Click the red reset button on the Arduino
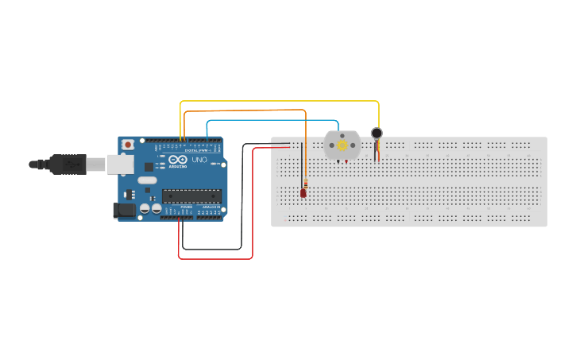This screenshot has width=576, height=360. point(127,145)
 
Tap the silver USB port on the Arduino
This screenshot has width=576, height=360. point(120,164)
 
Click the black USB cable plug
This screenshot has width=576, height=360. point(68,165)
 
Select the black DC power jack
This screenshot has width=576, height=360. point(124,210)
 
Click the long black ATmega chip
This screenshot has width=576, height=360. point(191,195)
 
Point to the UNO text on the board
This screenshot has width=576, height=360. point(199,160)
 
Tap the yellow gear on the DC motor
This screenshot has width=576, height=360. point(342,145)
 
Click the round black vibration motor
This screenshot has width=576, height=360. point(377,134)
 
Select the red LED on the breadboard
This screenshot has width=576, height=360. point(303,193)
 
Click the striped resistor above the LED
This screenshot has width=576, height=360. point(305,184)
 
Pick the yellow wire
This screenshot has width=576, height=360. point(278,102)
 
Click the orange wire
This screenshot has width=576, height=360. point(246,111)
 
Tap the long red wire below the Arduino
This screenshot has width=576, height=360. point(215,258)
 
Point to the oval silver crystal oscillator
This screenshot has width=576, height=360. point(147,180)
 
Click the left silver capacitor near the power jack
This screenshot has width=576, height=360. point(145,209)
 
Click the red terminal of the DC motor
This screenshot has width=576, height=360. point(347,162)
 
